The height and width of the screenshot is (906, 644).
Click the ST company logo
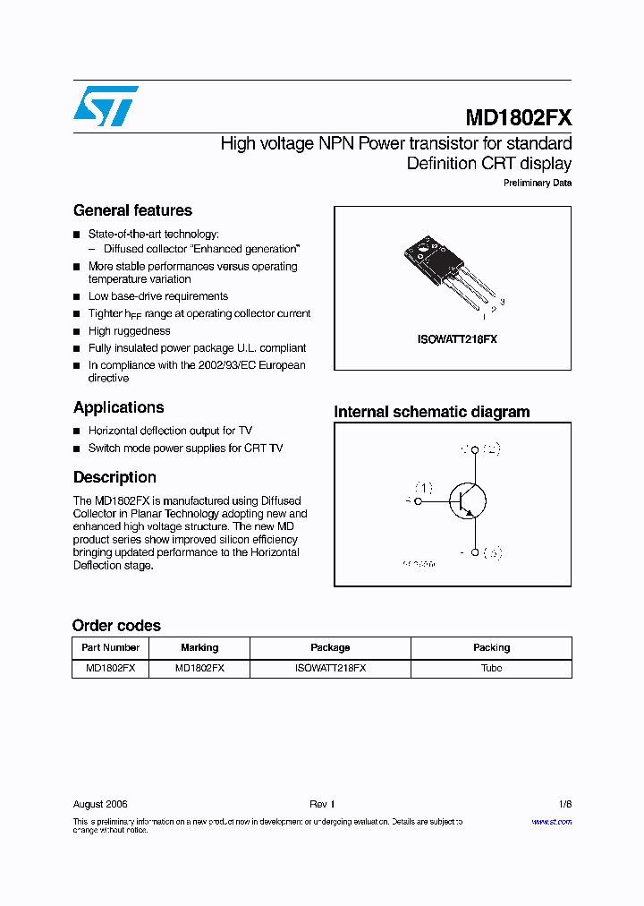[106, 106]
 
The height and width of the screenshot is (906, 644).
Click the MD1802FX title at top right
[518, 118]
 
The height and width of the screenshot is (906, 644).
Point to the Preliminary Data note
[537, 184]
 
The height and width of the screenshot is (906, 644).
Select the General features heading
[132, 210]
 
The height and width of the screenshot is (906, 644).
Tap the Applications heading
[118, 407]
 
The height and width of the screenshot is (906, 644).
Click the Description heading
[114, 477]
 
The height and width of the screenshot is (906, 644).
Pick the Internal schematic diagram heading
[431, 412]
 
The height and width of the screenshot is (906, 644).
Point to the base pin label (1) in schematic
[423, 488]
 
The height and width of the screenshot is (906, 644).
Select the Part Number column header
[110, 647]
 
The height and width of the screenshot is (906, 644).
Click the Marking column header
[199, 647]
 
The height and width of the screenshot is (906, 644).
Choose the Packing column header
[491, 647]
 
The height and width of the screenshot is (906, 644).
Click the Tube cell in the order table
[491, 668]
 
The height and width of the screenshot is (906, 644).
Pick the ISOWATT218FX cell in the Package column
[330, 668]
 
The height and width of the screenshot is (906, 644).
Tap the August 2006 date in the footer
[100, 804]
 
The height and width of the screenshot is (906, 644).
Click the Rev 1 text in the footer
[322, 804]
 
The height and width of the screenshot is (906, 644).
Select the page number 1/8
[563, 804]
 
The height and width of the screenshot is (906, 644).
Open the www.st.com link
[551, 821]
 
